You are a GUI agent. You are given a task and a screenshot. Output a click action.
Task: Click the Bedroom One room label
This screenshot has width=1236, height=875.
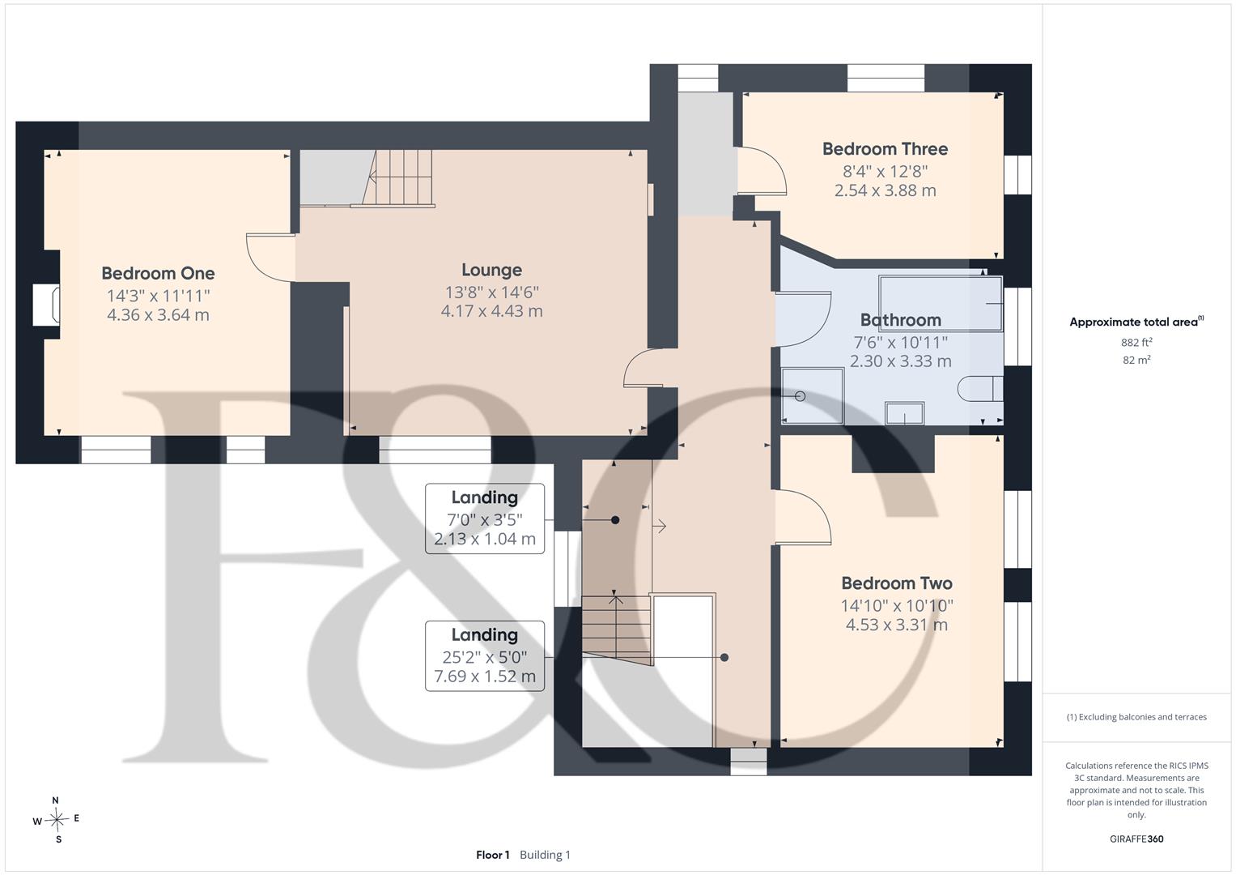click(x=158, y=274)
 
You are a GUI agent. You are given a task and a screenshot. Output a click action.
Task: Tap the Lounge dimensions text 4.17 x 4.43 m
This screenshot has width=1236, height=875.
click(x=491, y=311)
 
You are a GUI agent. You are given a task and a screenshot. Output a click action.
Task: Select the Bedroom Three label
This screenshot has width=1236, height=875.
click(x=885, y=149)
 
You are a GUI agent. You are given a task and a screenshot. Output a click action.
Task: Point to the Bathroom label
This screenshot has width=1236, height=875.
click(x=901, y=320)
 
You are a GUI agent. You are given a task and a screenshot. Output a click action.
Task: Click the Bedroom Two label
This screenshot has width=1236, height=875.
click(x=897, y=583)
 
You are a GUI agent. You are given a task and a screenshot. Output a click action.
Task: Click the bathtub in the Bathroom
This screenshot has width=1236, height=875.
click(x=941, y=303)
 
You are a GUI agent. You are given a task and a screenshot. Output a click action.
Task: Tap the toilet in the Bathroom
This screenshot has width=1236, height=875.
click(x=980, y=388)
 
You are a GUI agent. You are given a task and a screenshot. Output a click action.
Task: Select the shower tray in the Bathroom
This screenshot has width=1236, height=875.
click(x=813, y=396)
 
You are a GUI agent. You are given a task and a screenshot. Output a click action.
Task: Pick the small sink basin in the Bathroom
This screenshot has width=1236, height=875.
click(x=904, y=413)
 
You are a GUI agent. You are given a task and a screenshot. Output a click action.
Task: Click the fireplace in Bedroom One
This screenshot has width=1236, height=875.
click(x=46, y=305)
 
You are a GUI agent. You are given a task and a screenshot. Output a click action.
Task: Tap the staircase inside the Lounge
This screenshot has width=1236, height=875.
click(x=398, y=178)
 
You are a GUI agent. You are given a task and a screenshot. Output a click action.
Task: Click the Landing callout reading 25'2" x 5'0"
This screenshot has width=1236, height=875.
click(x=485, y=656)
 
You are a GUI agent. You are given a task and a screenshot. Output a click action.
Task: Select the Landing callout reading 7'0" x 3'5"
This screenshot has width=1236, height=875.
click(x=485, y=519)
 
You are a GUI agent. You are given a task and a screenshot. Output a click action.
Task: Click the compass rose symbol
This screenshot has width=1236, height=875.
click(x=57, y=820)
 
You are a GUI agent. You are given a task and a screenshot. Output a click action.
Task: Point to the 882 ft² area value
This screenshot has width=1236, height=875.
click(x=1136, y=343)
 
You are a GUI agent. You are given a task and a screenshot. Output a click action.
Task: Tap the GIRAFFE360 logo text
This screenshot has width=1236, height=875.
click(x=1136, y=839)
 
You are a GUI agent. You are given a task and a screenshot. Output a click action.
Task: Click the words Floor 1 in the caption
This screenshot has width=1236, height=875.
click(x=492, y=855)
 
